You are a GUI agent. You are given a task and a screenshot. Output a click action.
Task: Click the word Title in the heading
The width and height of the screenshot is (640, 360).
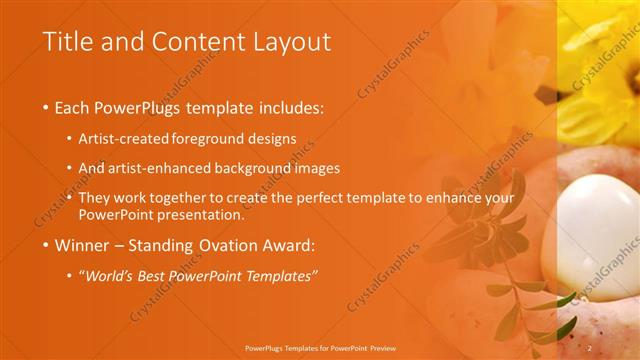pyautogui.click(x=66, y=42)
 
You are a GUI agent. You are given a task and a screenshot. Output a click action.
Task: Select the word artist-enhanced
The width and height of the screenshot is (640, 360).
pyautogui.click(x=171, y=169)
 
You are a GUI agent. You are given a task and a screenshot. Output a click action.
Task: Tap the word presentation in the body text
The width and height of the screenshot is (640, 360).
pyautogui.click(x=203, y=214)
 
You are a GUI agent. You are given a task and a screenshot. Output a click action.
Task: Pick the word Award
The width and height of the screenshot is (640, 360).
pyautogui.click(x=286, y=245)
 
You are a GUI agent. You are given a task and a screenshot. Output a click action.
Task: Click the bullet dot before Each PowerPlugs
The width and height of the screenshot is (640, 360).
pyautogui.click(x=46, y=108)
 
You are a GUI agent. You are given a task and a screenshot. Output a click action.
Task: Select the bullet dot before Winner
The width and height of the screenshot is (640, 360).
pyautogui.click(x=46, y=245)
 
